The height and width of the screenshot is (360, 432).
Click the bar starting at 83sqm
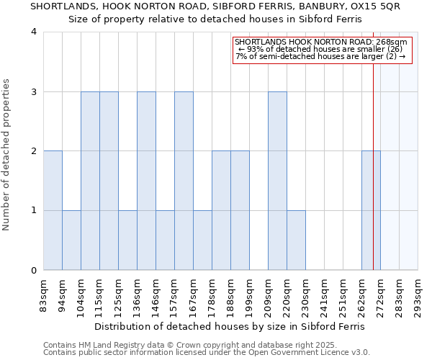53,210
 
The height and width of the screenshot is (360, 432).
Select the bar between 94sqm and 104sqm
71,240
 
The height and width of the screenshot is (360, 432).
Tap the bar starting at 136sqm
146,181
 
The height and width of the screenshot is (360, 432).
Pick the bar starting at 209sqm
277,181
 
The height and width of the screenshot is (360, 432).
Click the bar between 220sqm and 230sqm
296,240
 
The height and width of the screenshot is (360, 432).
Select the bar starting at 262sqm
371,210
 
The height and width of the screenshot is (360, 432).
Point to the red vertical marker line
374,166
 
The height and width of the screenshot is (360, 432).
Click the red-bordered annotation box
322,50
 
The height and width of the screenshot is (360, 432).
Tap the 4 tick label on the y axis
34,32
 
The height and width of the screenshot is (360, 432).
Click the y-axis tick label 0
34,271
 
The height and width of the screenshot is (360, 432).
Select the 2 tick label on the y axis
34,151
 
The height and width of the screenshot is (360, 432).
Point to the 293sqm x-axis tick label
418,297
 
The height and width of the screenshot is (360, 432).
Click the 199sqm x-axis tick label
250,297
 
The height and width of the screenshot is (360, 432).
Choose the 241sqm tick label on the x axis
325,297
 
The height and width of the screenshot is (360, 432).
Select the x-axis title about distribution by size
230,326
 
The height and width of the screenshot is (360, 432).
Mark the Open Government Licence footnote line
206,353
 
